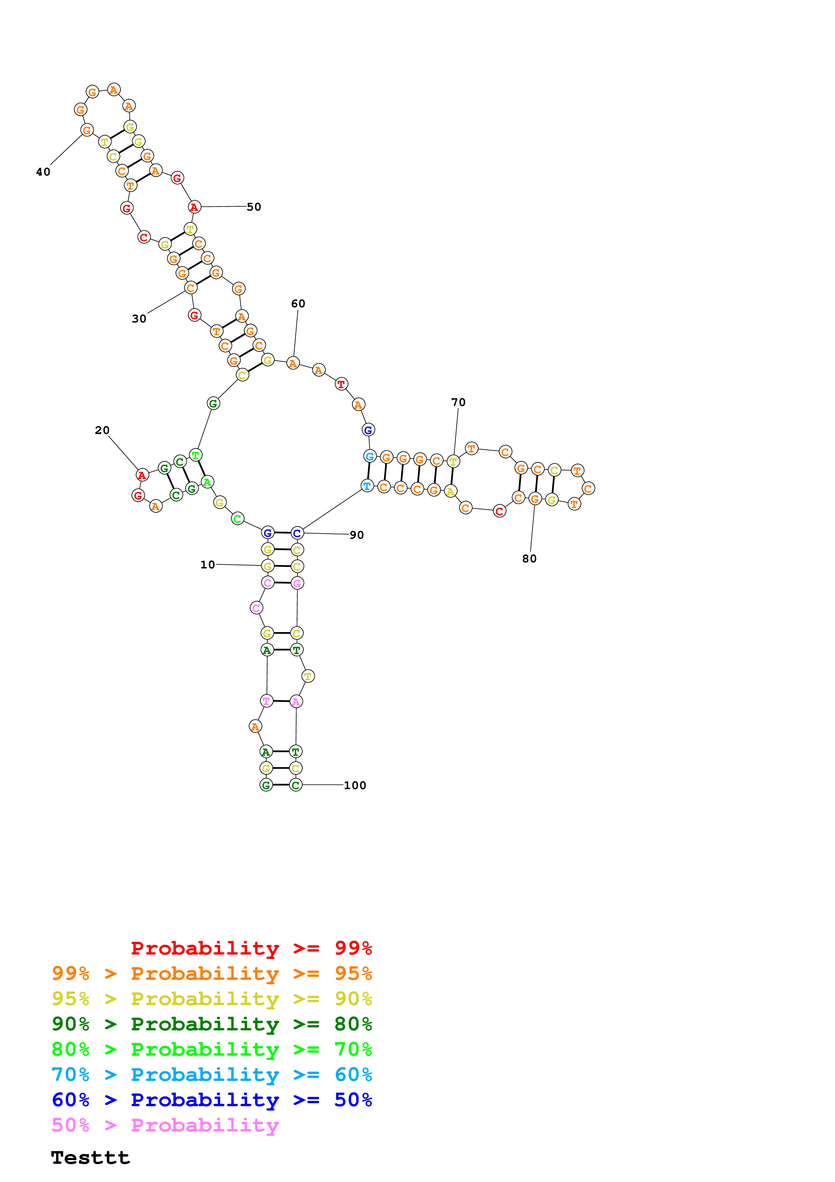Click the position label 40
click(43, 172)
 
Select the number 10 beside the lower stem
click(207, 565)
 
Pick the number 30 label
click(139, 319)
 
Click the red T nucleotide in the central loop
click(341, 384)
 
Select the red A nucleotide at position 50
click(194, 208)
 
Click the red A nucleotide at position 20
click(142, 475)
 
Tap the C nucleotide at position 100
click(295, 785)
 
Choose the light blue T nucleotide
click(367, 486)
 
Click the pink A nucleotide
click(296, 701)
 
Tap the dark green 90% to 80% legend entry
click(212, 1024)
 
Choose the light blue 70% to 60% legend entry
click(212, 1075)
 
